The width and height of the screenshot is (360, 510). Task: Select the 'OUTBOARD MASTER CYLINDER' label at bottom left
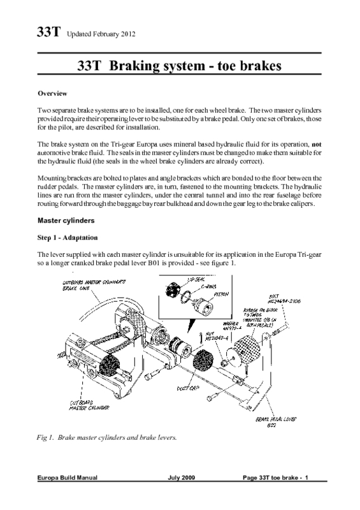tap(86, 404)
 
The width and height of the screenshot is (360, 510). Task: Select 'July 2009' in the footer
tap(184, 495)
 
